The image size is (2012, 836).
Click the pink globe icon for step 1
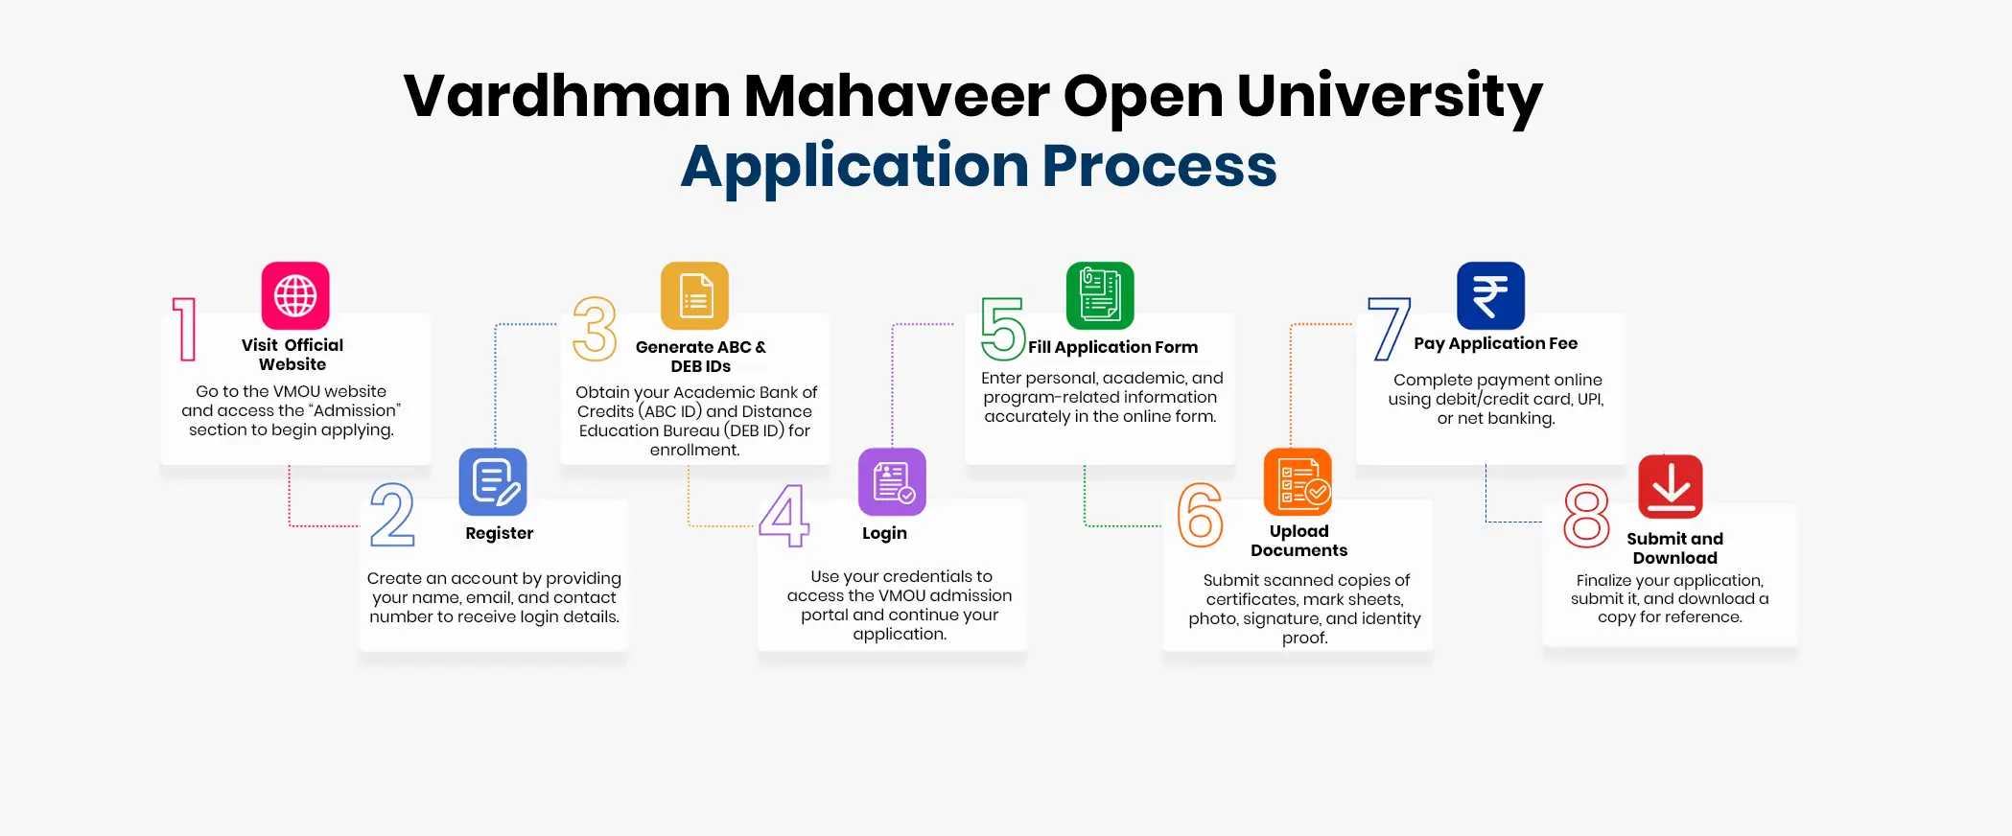pos(295,295)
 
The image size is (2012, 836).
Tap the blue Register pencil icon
pos(493,481)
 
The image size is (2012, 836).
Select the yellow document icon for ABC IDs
pos(694,295)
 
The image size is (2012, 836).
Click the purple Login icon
pos(892,481)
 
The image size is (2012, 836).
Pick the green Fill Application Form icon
pos(1100,295)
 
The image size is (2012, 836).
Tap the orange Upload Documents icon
pos(1298,481)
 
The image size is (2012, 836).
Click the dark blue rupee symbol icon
pos(1490,295)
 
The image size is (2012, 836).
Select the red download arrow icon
pos(1671,486)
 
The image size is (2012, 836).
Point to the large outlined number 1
pos(185,329)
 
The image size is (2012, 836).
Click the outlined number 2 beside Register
pos(392,515)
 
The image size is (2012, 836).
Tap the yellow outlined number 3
pos(595,329)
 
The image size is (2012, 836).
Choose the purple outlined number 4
pos(784,515)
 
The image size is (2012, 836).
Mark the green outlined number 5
pos(1003,329)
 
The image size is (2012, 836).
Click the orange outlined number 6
pos(1200,515)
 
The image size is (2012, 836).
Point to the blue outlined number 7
pos(1390,329)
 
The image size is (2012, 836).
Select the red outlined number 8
pos(1586,516)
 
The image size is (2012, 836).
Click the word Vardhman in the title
pos(567,97)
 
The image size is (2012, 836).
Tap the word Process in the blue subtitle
pos(1159,166)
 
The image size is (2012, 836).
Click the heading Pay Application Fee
pos(1495,343)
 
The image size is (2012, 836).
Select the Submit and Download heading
pos(1674,548)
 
